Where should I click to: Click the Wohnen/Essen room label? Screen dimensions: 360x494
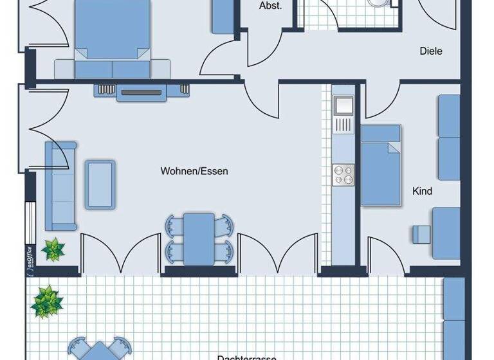(x=194, y=172)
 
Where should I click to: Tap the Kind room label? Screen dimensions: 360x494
(x=422, y=191)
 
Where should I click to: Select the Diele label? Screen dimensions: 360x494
(x=431, y=51)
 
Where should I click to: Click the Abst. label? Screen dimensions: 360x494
(x=270, y=6)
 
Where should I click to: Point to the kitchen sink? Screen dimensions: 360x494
(x=343, y=104)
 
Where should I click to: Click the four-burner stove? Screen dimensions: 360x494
(x=343, y=175)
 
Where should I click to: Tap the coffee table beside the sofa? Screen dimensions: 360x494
(x=100, y=184)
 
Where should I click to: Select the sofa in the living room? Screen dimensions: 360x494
(x=59, y=186)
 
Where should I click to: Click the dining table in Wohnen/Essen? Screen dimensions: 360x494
(x=199, y=239)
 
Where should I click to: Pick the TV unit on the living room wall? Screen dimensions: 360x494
(x=142, y=91)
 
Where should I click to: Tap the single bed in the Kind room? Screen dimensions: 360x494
(x=381, y=165)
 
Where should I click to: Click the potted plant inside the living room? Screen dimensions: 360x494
(x=53, y=249)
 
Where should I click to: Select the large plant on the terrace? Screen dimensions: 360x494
(x=46, y=300)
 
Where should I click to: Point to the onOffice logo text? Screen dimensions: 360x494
(x=29, y=260)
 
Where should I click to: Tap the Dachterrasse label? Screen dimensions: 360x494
(x=246, y=356)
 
